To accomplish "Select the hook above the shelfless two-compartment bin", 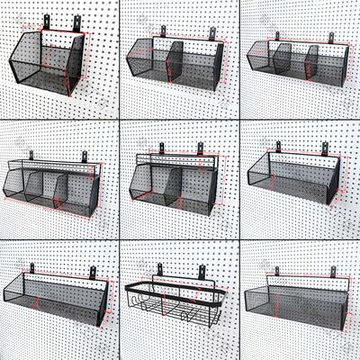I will coord(213,34).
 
